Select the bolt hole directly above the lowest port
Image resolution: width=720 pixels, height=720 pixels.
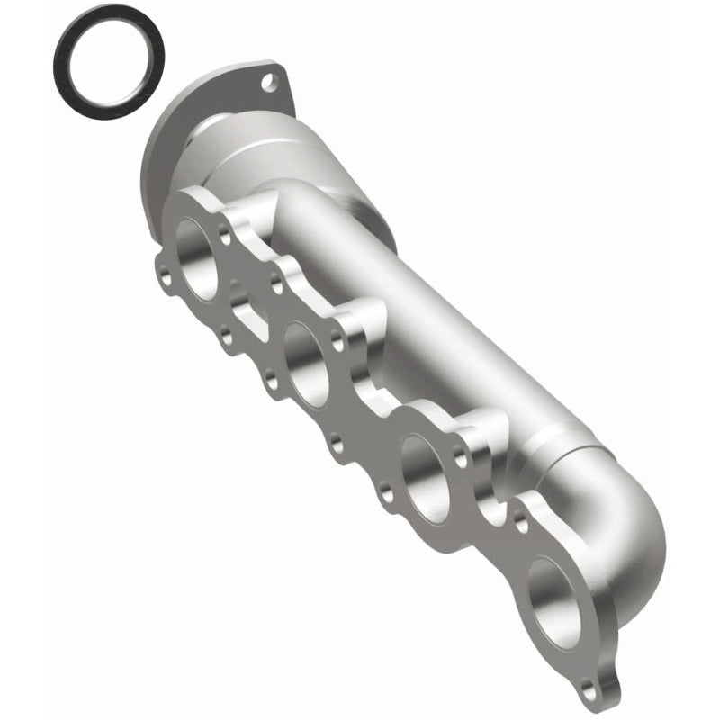click(521, 520)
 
